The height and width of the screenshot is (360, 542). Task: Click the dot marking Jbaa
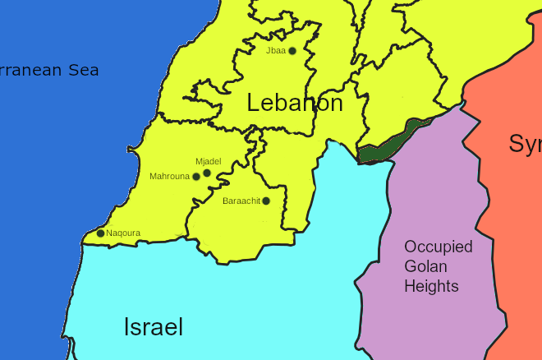[292, 51]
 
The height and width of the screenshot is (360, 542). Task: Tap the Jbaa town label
[276, 51]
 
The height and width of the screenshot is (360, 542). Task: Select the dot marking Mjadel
[207, 173]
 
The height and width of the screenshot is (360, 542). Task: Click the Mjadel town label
[209, 161]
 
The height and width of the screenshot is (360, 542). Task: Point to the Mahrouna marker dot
[196, 177]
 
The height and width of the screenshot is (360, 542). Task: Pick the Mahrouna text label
[169, 177]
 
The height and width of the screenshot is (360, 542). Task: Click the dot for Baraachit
[266, 201]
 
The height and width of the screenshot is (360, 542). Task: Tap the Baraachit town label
[241, 201]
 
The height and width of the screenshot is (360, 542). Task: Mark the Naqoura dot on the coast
[100, 233]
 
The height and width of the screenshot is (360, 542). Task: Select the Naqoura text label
[123, 233]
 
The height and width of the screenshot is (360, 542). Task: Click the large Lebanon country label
[295, 104]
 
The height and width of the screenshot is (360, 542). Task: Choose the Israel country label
[153, 327]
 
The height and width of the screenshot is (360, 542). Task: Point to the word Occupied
[438, 247]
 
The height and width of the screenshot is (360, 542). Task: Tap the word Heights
[431, 286]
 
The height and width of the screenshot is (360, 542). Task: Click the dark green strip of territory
[390, 141]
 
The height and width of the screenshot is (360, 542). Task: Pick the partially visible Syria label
[525, 144]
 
